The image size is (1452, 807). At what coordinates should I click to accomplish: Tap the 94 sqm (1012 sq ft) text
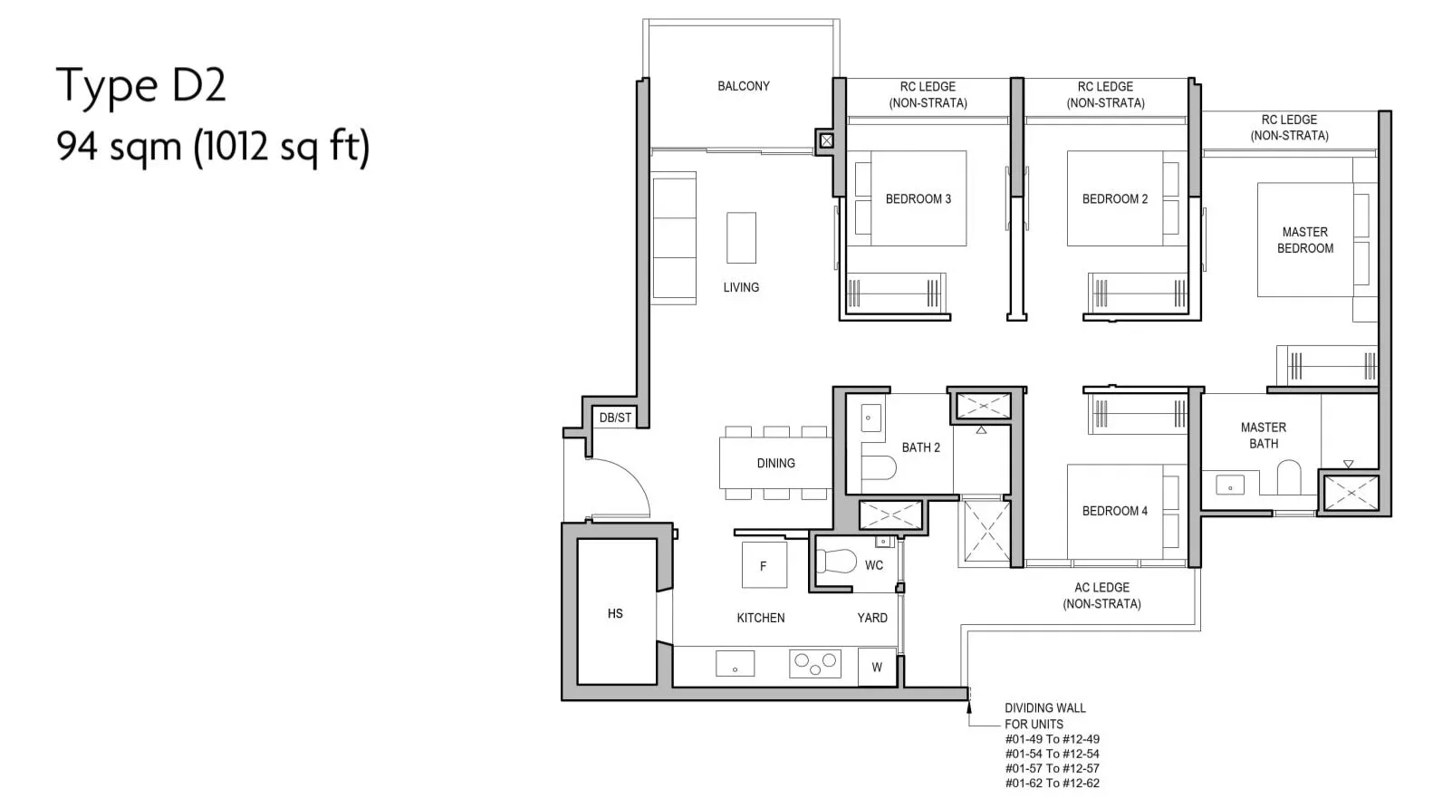tap(213, 147)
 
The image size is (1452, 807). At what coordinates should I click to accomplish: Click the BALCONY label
tap(744, 86)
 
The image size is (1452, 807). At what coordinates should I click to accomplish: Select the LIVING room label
tap(741, 287)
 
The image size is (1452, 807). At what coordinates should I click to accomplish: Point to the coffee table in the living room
tap(741, 238)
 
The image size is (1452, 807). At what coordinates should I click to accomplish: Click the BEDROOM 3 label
tap(918, 199)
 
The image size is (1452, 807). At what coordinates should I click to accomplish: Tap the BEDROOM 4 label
tap(1114, 511)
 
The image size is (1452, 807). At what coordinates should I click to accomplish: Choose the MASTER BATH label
tap(1264, 436)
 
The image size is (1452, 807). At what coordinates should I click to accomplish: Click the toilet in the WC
tap(837, 562)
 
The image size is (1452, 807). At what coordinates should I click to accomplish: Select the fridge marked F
tap(764, 565)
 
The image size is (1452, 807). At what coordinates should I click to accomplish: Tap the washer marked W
tap(877, 667)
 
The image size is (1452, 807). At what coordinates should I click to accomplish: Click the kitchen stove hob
tap(815, 664)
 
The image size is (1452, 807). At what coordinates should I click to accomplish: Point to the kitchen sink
tap(736, 664)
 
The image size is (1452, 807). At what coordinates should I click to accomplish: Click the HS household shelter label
tap(615, 613)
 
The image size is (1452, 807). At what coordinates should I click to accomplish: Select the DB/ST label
tap(615, 418)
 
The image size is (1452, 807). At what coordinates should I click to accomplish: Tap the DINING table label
tap(776, 464)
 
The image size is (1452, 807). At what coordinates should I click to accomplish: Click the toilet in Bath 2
tap(879, 467)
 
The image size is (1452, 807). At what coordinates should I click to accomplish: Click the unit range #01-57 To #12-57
tap(1053, 768)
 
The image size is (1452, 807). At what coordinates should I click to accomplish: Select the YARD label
tap(872, 618)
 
